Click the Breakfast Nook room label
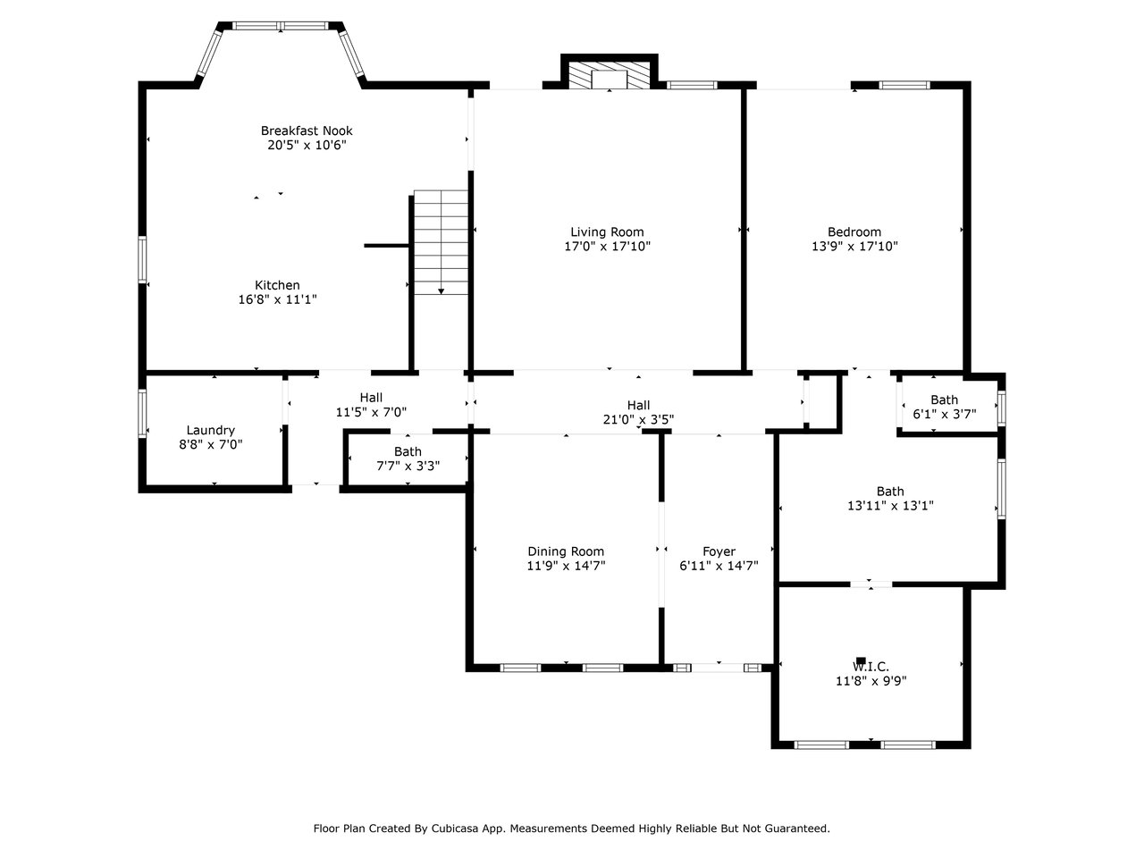tap(307, 130)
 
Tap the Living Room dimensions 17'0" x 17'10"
tap(607, 246)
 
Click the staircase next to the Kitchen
tap(441, 242)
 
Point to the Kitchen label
tap(277, 285)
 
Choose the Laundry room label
tap(211, 430)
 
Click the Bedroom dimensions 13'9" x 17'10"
tap(854, 246)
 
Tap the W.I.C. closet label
tap(871, 667)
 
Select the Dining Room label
tap(566, 551)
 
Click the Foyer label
tap(719, 551)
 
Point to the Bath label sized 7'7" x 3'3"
tap(408, 451)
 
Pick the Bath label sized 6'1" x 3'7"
tap(945, 400)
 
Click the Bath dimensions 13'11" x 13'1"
tap(890, 505)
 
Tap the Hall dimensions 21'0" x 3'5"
tap(638, 419)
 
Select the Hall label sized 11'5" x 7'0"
tap(371, 398)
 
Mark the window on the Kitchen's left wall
tap(142, 260)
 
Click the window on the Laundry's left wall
tap(142, 413)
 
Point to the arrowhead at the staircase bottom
tap(441, 291)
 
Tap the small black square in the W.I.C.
tap(861, 660)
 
